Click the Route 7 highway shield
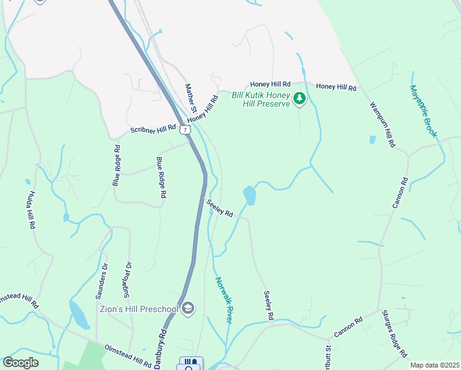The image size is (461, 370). pos(185,130)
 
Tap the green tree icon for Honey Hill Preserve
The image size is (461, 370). pos(300,99)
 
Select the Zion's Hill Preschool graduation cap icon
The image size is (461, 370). pos(188,308)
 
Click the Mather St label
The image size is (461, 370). pos(191,98)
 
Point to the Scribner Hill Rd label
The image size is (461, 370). pos(153,129)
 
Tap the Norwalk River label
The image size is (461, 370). pos(224,300)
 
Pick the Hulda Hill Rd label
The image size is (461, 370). pos(31,210)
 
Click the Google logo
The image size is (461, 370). pos(20,363)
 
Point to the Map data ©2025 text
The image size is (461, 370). pos(434,365)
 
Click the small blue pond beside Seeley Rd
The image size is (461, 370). pos(250,195)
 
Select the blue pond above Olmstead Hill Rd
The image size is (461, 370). pos(80,315)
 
